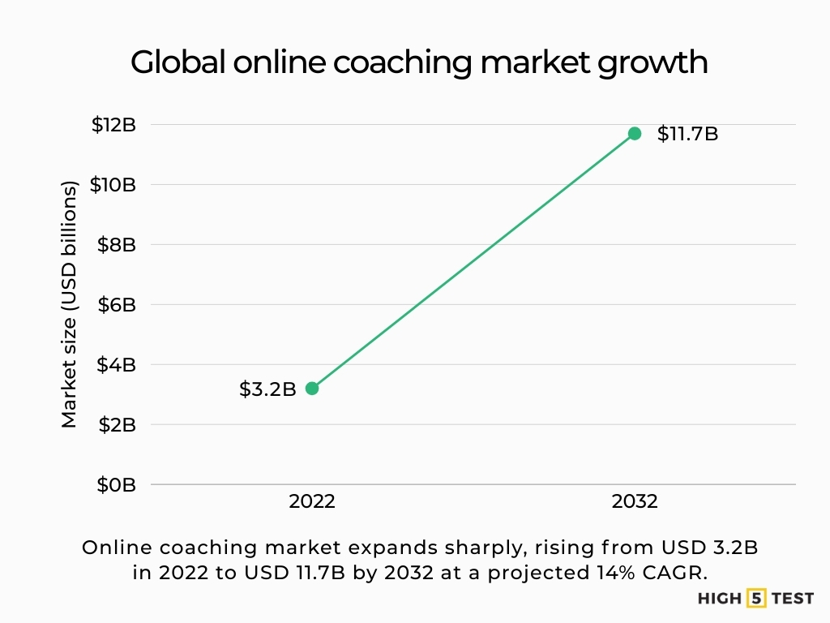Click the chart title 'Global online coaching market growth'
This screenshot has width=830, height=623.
419,62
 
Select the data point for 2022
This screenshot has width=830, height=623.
312,388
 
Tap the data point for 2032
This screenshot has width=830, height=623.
635,133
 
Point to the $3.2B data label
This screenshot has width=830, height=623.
267,389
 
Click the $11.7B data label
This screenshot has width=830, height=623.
687,134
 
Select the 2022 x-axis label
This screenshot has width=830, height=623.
312,502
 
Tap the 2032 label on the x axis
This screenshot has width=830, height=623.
635,502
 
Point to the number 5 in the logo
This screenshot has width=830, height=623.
756,599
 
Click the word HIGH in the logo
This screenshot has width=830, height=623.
719,599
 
